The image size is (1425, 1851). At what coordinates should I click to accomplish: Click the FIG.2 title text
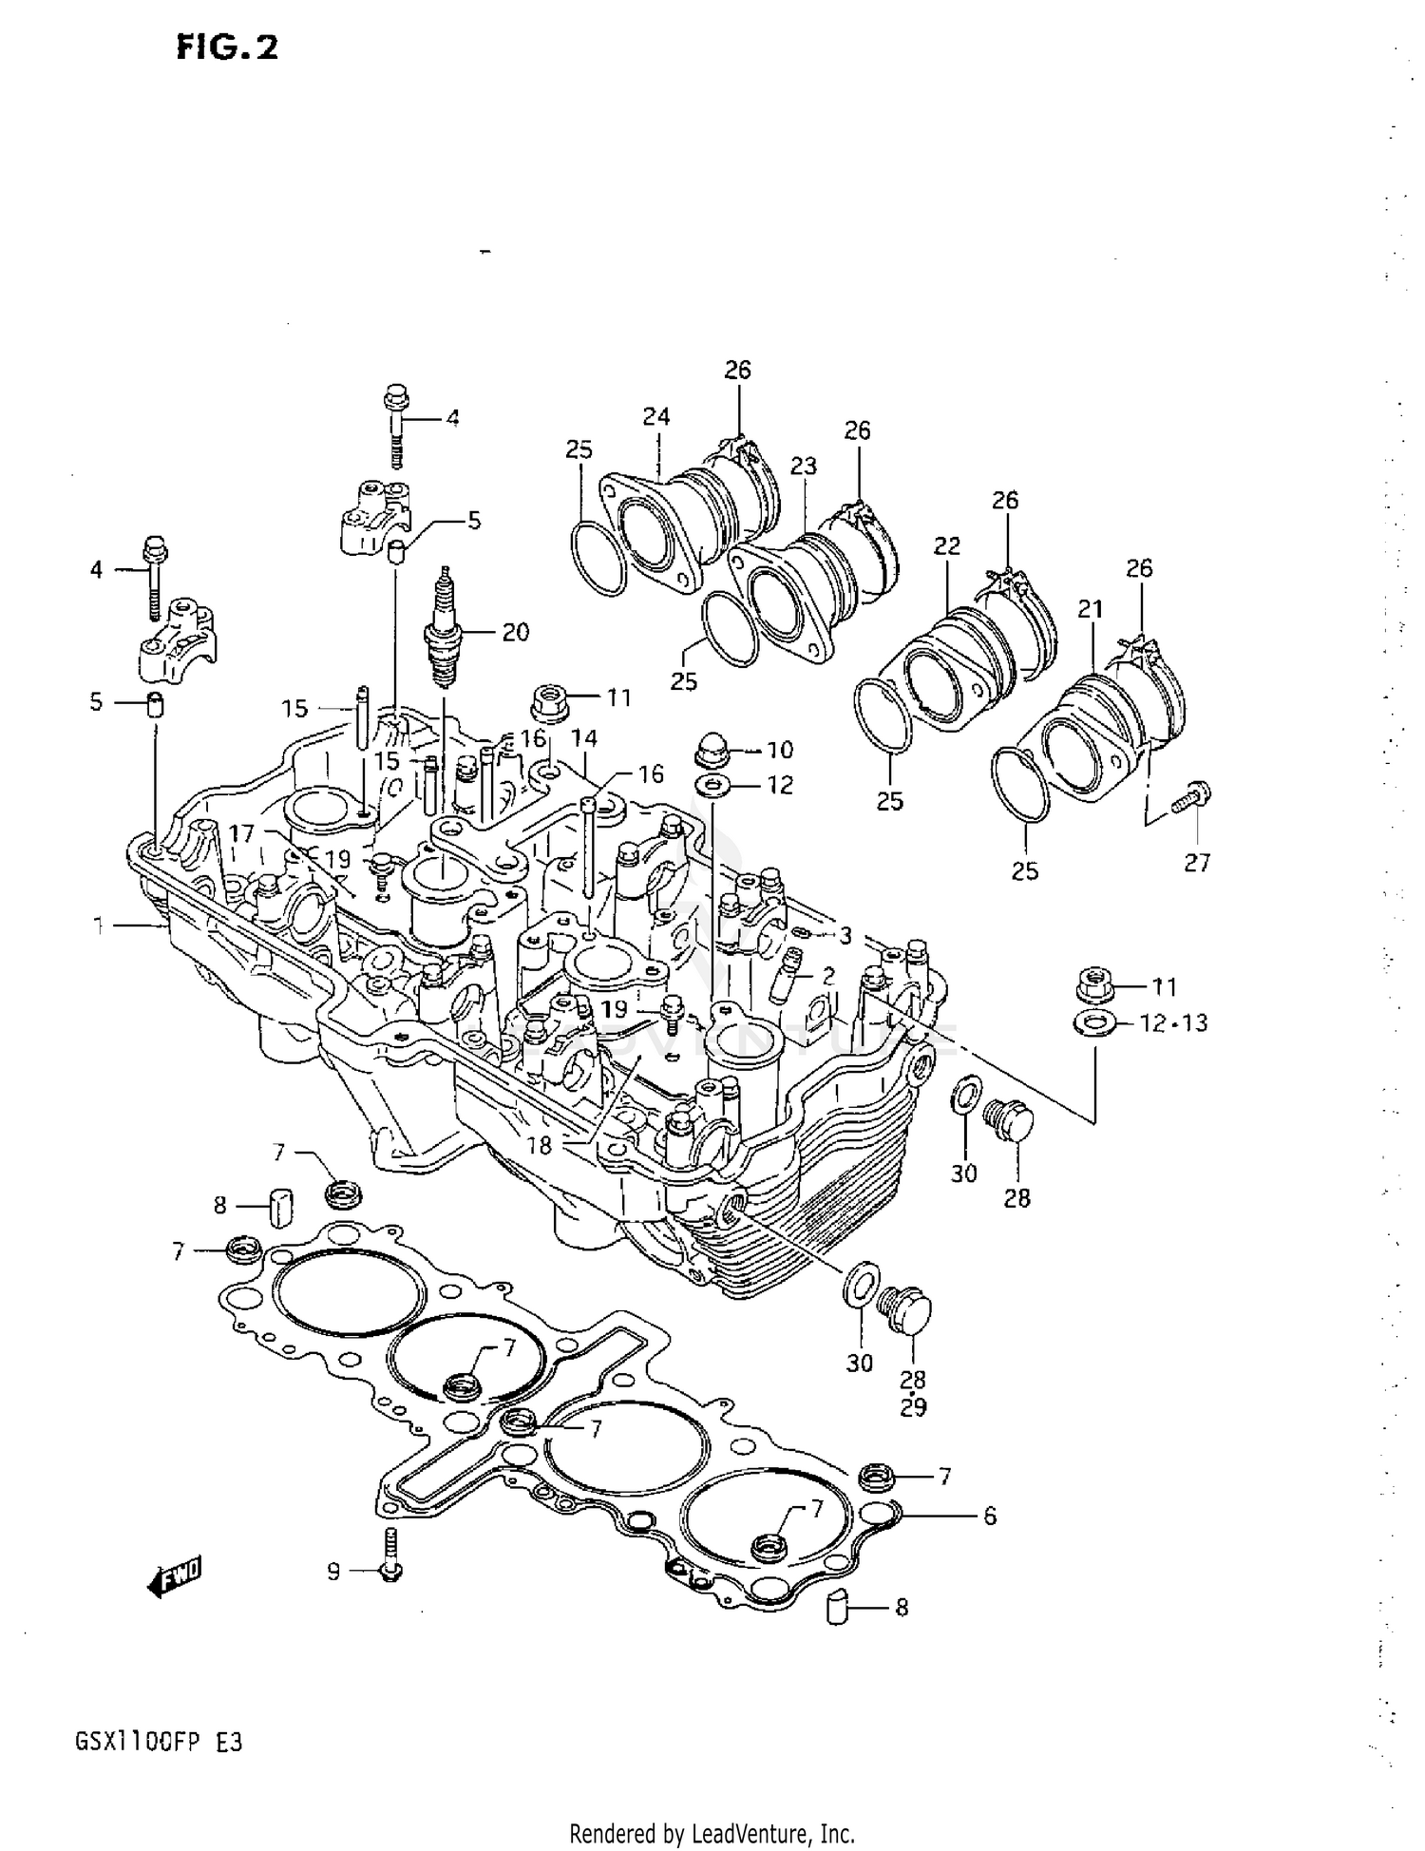(227, 46)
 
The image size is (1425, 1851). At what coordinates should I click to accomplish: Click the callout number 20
(515, 632)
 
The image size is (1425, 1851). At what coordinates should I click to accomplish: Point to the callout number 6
(989, 1517)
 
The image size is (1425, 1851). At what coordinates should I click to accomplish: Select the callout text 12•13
(1173, 1022)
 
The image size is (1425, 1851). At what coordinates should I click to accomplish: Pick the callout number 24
(655, 416)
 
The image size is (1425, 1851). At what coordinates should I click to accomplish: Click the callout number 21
(1091, 609)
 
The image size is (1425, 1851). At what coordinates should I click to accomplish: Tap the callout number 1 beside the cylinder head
(99, 925)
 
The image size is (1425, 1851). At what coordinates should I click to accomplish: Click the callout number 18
(539, 1146)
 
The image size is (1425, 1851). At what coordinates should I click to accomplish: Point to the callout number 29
(912, 1408)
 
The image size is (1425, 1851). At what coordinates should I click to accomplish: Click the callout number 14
(583, 737)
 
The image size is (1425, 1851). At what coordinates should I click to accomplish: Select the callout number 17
(241, 834)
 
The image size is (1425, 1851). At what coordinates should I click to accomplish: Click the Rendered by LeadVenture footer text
(712, 1833)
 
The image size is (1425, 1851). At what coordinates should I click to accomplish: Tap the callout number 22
(946, 545)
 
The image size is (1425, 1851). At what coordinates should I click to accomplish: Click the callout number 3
(845, 936)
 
